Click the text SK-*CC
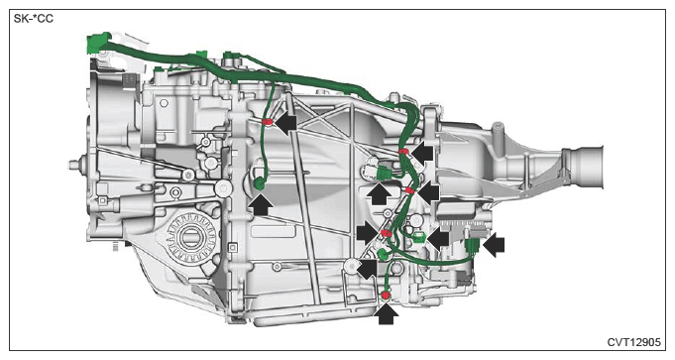click(x=34, y=19)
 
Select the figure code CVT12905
click(x=633, y=342)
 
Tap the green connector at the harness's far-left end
click(x=97, y=43)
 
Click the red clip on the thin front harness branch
click(x=267, y=122)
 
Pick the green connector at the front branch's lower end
click(x=260, y=184)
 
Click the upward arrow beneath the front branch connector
click(x=261, y=204)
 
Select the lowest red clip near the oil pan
click(x=386, y=295)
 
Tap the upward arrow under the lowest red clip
click(x=386, y=313)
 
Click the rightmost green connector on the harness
click(x=472, y=246)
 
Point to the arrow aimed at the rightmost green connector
click(x=494, y=246)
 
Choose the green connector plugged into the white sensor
click(x=385, y=174)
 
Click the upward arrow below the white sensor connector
click(x=380, y=193)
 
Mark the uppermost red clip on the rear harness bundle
click(x=403, y=151)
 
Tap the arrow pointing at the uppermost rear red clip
click(x=422, y=153)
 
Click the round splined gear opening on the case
click(x=189, y=237)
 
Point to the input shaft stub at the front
click(x=78, y=165)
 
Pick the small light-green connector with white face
click(x=417, y=236)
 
